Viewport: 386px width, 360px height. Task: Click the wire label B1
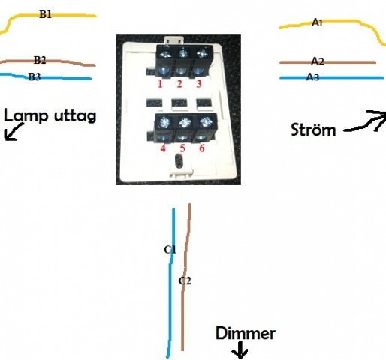(x=46, y=14)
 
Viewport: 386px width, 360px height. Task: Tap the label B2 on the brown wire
(x=40, y=60)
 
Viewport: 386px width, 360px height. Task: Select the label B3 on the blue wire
(x=35, y=76)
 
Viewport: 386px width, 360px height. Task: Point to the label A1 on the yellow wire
(x=317, y=22)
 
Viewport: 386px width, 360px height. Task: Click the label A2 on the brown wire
(x=318, y=61)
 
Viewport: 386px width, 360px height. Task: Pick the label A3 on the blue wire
(x=312, y=76)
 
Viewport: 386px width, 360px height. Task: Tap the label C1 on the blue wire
(x=170, y=249)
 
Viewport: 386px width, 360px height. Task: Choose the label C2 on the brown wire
(x=185, y=280)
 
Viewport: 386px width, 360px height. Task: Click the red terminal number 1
(x=160, y=84)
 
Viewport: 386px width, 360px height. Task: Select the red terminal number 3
(x=199, y=84)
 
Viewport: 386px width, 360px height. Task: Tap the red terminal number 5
(x=182, y=148)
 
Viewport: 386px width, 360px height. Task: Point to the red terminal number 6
(x=202, y=148)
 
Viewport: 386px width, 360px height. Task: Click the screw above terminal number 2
(x=183, y=54)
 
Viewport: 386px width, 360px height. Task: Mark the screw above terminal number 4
(x=164, y=122)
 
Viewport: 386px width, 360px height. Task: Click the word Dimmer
(x=246, y=333)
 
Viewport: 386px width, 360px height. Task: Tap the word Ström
(x=313, y=130)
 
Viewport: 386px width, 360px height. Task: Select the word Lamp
(x=26, y=115)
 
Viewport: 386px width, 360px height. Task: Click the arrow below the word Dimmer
(x=240, y=349)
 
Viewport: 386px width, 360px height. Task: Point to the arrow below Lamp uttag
(x=14, y=132)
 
